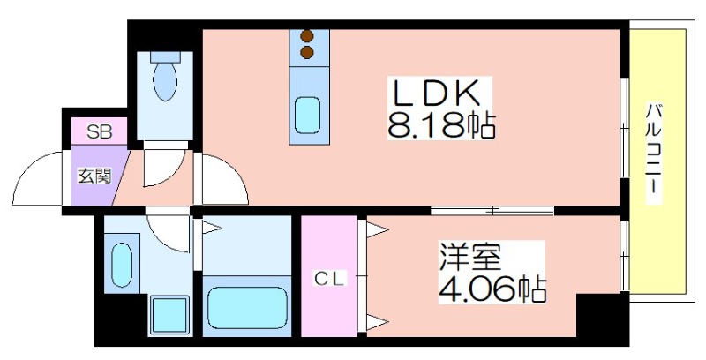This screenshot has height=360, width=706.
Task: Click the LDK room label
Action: point(434,93)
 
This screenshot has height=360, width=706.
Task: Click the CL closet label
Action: point(332,279)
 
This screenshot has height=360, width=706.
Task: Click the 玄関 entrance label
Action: point(94,175)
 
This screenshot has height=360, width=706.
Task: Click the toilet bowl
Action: point(164,82)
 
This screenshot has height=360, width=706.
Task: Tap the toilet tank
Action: point(164,54)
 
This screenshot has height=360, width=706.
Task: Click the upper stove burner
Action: point(307,37)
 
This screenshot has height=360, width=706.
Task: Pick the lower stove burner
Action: point(307,53)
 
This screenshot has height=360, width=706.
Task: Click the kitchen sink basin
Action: point(307,115)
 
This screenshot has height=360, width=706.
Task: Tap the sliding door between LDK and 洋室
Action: point(492,210)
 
